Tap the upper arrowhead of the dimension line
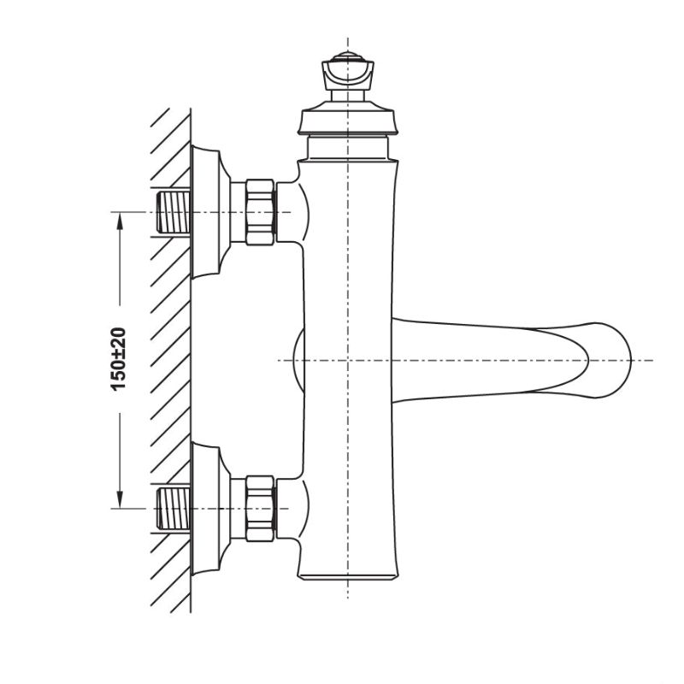pyautogui.click(x=120, y=219)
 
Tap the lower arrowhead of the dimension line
pyautogui.click(x=120, y=500)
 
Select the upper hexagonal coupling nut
pyautogui.click(x=260, y=212)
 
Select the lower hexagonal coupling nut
pyautogui.click(x=260, y=508)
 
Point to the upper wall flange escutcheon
pyautogui.click(x=209, y=212)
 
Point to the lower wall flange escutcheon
pyautogui.click(x=209, y=508)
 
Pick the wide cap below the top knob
pyautogui.click(x=348, y=121)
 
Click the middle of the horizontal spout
pyautogui.click(x=496, y=359)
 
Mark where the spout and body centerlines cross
pyautogui.click(x=348, y=360)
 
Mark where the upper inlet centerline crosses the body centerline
pyautogui.click(x=348, y=212)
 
